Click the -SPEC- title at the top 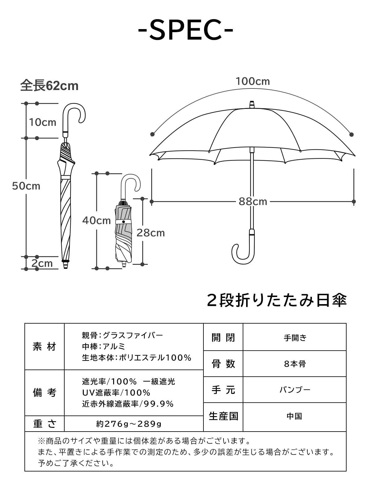185,30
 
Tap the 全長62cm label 49,86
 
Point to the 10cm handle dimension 43,122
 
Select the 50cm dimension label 26,186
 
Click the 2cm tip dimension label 42,263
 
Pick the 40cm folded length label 96,221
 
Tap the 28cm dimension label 151,233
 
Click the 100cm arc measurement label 253,81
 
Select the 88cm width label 253,202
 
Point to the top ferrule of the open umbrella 252,104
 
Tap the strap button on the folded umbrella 124,222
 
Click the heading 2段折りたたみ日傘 277,300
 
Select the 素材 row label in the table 44,347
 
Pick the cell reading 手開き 295,338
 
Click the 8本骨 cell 295,364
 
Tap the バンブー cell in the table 295,390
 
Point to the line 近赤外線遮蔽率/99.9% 128,404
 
